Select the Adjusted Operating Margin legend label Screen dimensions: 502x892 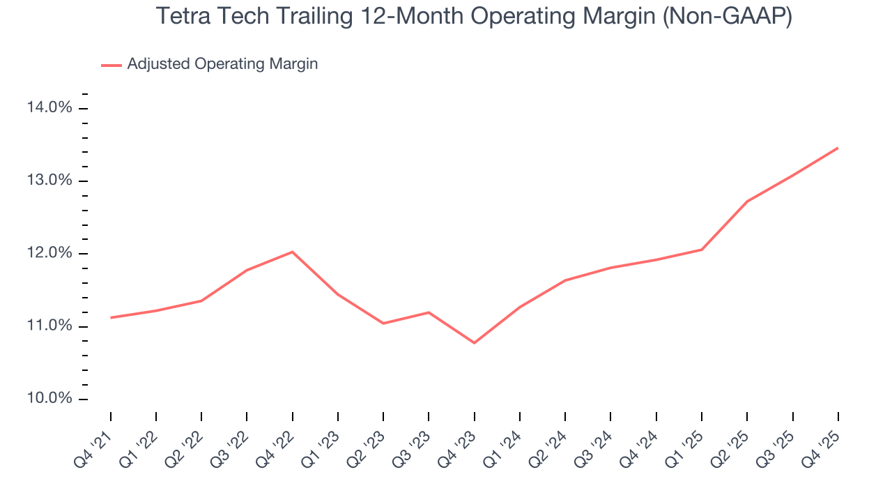222,64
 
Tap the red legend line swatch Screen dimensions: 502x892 111,65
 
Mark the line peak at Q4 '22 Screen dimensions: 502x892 292,252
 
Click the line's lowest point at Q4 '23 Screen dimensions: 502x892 475,343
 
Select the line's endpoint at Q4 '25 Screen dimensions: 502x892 838,148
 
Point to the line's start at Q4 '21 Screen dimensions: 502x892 111,318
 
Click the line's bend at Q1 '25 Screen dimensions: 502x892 701,250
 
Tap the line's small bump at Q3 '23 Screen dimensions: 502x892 429,312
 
